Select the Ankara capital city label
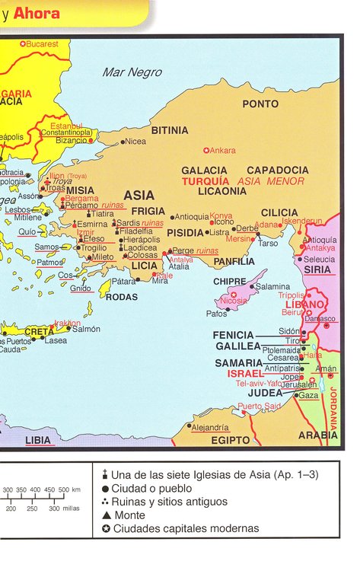click(x=222, y=151)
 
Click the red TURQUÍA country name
click(x=205, y=181)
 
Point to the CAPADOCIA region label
click(x=277, y=170)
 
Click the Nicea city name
click(x=135, y=142)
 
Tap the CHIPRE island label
click(x=229, y=282)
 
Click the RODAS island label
click(x=121, y=297)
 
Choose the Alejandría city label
click(x=210, y=428)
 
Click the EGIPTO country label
click(x=231, y=441)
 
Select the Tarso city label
click(x=268, y=244)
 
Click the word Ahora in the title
click(x=35, y=13)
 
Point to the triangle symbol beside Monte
click(x=105, y=515)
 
